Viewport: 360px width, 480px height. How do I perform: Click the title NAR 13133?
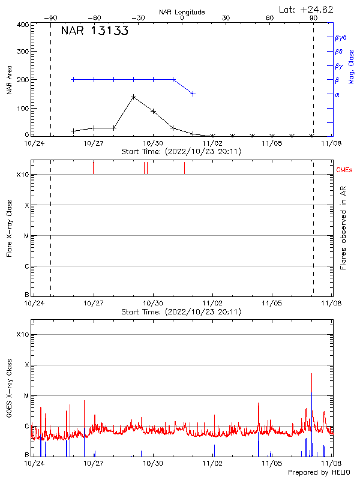[95, 32]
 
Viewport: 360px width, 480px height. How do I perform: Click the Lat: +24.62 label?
[306, 9]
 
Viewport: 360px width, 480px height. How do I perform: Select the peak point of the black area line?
[133, 97]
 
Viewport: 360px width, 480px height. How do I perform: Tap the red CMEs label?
[344, 170]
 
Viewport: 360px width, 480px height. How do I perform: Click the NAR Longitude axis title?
[182, 12]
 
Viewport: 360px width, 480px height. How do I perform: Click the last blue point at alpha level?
[193, 94]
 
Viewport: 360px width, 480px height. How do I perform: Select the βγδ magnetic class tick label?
[341, 37]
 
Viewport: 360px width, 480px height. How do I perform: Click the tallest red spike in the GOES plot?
[311, 374]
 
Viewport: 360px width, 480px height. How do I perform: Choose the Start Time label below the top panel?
[181, 152]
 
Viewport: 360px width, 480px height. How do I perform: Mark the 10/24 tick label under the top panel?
[34, 143]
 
